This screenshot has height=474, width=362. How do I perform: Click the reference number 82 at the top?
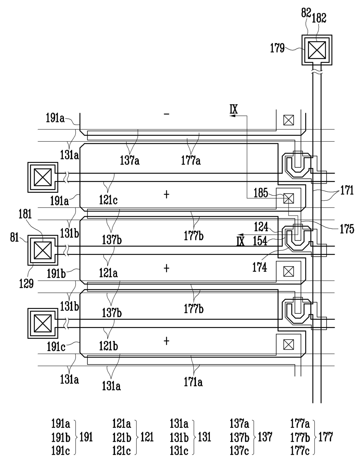coord(306,13)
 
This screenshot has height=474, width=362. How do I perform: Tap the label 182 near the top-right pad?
coord(319,18)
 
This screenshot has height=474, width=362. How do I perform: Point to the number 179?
coord(277,48)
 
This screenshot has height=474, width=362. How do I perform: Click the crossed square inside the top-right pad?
coord(317,50)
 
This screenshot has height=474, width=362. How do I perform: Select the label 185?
coord(261,193)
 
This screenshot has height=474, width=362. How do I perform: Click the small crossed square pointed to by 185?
coord(289,199)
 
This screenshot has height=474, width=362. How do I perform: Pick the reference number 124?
coord(261,227)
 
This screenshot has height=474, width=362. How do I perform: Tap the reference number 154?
coord(260,241)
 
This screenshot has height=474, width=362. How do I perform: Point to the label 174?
coord(260,267)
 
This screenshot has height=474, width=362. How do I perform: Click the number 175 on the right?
coord(347,229)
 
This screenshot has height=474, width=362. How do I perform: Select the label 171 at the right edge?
coord(347,190)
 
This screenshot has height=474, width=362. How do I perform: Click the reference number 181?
coord(25,214)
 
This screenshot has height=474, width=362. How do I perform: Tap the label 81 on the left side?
coord(15,237)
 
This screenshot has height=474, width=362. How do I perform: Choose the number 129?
coord(26,284)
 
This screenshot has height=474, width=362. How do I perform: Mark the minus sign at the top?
coord(166,114)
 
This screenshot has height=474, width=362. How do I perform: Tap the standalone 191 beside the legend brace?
coord(86,437)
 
